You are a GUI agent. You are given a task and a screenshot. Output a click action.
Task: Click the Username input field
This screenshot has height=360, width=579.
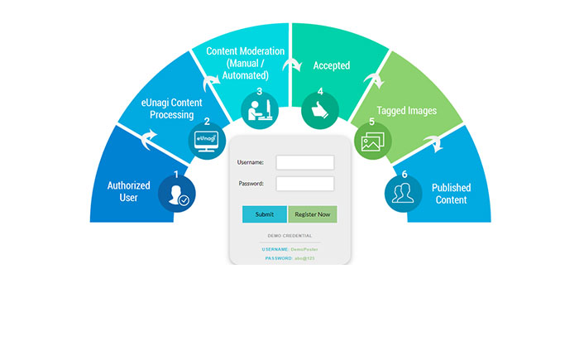[304, 162]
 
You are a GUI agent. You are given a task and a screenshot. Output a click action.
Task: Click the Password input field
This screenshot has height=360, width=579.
[304, 183]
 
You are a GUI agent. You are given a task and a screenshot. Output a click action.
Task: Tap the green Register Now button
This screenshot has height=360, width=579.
[313, 214]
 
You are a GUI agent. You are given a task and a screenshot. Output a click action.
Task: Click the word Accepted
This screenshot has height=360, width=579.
[332, 65]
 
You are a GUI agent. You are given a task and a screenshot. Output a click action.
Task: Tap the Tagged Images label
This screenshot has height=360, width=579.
[409, 110]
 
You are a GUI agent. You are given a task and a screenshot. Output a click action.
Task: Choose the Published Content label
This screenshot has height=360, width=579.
[451, 192]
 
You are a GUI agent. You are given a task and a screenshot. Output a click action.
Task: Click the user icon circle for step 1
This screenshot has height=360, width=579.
[175, 195]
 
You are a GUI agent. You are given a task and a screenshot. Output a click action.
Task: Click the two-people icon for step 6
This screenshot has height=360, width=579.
[404, 194]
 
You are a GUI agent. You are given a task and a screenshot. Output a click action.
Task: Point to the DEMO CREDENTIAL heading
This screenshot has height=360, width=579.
[289, 235]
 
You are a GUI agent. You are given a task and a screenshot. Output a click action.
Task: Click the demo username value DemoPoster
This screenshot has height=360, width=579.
[304, 248]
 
